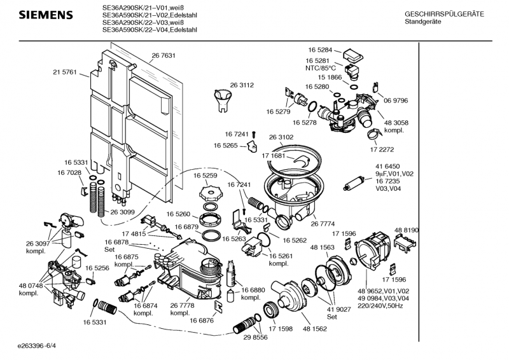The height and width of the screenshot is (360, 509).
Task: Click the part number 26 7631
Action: click(164, 56)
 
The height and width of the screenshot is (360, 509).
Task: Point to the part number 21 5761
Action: click(64, 73)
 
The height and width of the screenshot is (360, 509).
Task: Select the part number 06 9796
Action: click(395, 100)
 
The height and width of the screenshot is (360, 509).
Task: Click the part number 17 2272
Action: click(382, 149)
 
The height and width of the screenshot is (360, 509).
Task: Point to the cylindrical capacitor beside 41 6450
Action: click(353, 185)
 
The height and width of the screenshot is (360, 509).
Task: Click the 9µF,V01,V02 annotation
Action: click(394, 174)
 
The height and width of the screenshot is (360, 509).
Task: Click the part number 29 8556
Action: click(255, 337)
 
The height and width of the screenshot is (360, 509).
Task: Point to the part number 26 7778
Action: click(183, 306)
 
